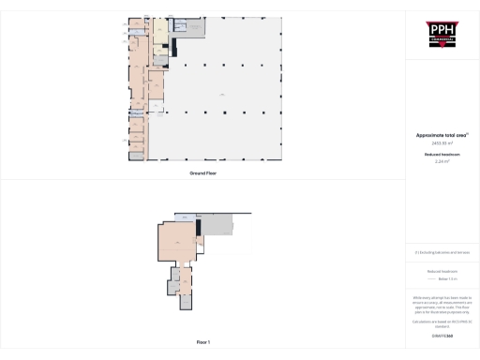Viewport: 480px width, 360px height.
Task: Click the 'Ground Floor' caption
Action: pyautogui.click(x=203, y=173)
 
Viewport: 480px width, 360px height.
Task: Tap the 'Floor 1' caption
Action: pyautogui.click(x=203, y=342)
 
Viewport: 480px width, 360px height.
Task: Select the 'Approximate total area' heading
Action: pyautogui.click(x=441, y=135)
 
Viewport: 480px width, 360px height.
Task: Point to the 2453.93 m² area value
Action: pyautogui.click(x=441, y=142)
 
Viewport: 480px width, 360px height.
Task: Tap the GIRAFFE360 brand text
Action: pyautogui.click(x=441, y=335)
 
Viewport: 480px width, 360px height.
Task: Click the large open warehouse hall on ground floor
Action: pyautogui.click(x=220, y=94)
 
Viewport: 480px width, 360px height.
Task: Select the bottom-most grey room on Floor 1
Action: pyautogui.click(x=185, y=302)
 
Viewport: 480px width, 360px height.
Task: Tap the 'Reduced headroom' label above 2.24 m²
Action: pyautogui.click(x=441, y=154)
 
